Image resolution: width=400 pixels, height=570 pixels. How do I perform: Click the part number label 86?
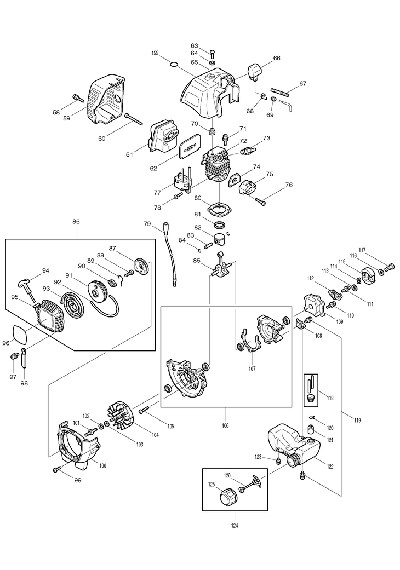[76, 221]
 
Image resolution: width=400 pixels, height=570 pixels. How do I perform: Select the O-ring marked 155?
[174, 66]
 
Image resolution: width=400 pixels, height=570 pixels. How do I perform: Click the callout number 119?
[357, 420]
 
